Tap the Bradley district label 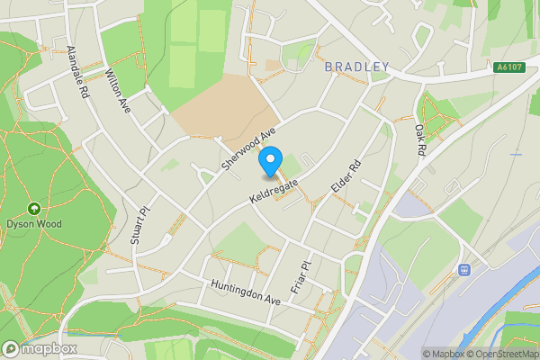(x=357, y=67)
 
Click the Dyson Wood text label (x=34, y=223)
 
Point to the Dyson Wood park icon (x=34, y=208)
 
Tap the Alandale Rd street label (x=77, y=71)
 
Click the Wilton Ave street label (x=118, y=90)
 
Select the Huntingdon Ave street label (x=246, y=294)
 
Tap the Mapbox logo (x=39, y=348)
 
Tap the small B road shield (x=464, y=269)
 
